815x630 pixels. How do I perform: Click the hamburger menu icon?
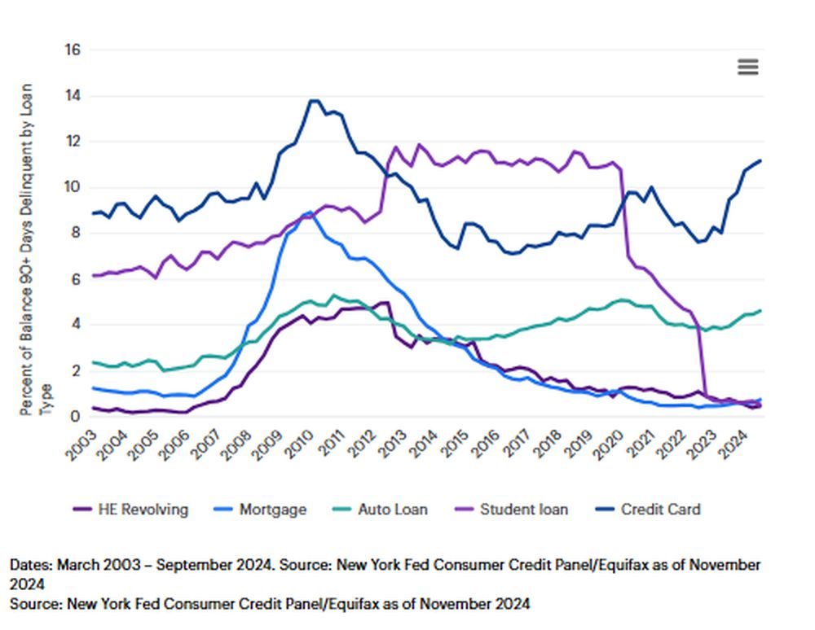747,67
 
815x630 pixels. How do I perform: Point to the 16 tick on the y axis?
73,50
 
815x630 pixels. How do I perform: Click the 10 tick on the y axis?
73,187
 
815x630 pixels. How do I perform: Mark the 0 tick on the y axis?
76,417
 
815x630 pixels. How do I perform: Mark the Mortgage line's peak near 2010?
309,212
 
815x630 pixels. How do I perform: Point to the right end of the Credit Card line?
760,160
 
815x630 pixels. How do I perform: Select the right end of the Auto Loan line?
760,310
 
